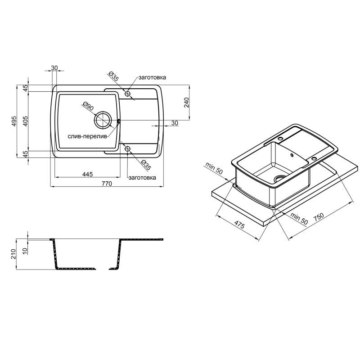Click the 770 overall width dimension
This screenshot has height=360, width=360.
point(107,184)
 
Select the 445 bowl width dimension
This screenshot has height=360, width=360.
point(87,174)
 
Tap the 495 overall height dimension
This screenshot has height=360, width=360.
point(14,121)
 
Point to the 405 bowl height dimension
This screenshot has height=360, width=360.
point(26,121)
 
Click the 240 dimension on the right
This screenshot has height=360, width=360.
point(186,103)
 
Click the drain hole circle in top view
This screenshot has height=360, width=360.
point(103,120)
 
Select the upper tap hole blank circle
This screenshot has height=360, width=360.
point(127,94)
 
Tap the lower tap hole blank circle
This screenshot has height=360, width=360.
point(127,149)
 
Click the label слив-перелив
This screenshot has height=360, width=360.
point(87,136)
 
